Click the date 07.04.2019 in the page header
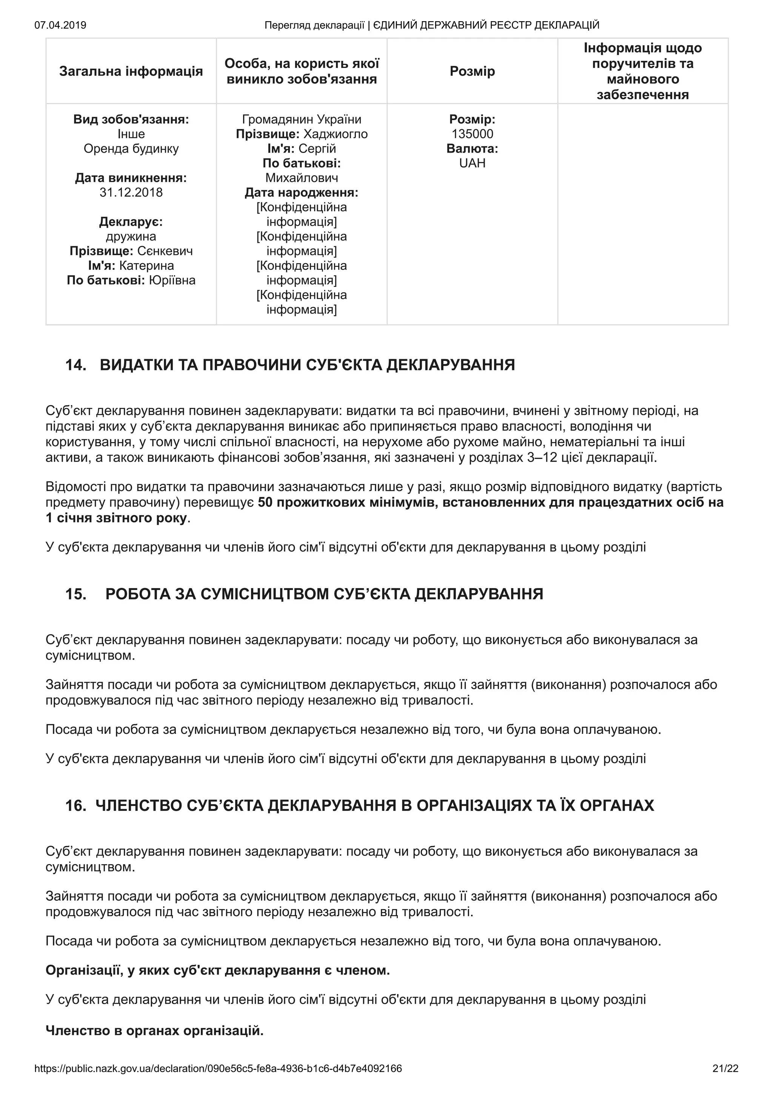pos(60,25)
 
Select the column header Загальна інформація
pos(131,71)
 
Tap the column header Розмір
pos(472,71)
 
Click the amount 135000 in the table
pos(472,134)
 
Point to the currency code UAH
pos(472,163)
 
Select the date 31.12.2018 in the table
pos(131,193)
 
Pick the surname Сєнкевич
pos(165,251)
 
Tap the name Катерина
pos(146,265)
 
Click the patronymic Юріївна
pos(172,280)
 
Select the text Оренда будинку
pos(131,149)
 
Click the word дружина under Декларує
pos(131,236)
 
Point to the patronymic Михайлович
pos(302,178)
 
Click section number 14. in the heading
pos(76,365)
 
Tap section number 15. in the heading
pos(76,594)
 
